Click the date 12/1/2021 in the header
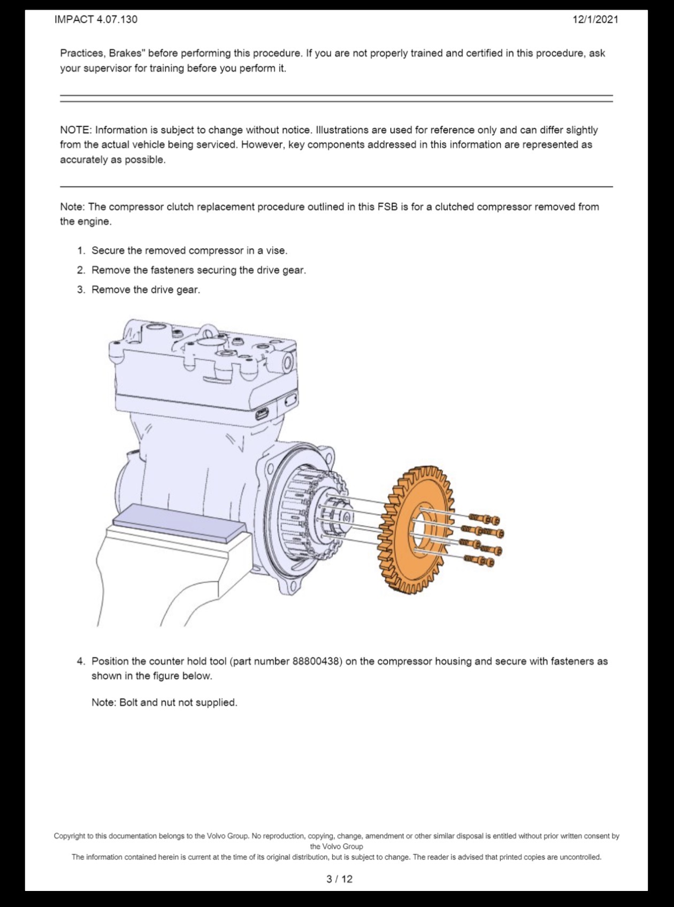click(x=595, y=20)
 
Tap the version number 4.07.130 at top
click(x=117, y=20)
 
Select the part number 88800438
click(x=317, y=661)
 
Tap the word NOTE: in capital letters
click(x=76, y=130)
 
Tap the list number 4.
click(x=81, y=661)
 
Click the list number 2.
click(x=81, y=270)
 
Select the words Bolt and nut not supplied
click(x=178, y=703)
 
